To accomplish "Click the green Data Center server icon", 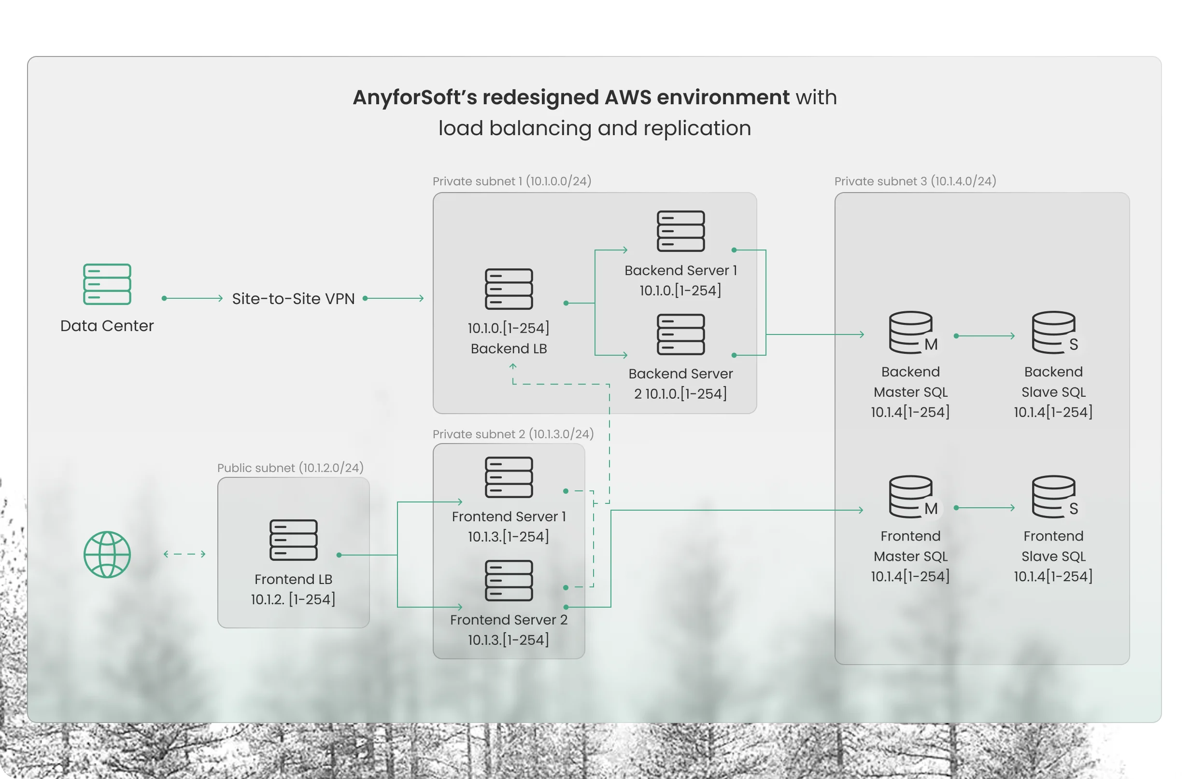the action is (107, 284).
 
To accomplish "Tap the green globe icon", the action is (107, 554).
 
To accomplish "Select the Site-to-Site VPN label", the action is (294, 298).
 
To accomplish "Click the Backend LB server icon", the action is (509, 289).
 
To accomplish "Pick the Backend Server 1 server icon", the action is (680, 231).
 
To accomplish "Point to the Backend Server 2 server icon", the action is (680, 334).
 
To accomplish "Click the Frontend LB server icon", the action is (294, 540).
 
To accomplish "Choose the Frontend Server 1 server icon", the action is (509, 477).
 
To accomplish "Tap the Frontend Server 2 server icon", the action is (509, 580).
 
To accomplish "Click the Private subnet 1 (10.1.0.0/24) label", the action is (512, 181).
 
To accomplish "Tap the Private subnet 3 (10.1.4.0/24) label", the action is (916, 181).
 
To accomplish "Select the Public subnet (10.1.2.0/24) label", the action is (291, 468).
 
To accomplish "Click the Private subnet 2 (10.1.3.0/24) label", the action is (513, 434).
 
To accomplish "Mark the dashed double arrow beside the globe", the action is (184, 554).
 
